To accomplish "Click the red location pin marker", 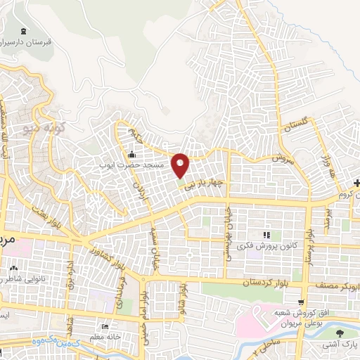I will click(x=181, y=166).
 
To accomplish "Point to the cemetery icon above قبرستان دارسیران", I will click(x=26, y=32).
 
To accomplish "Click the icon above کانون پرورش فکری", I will click(x=266, y=234).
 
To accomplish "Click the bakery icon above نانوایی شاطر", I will click(x=14, y=269).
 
